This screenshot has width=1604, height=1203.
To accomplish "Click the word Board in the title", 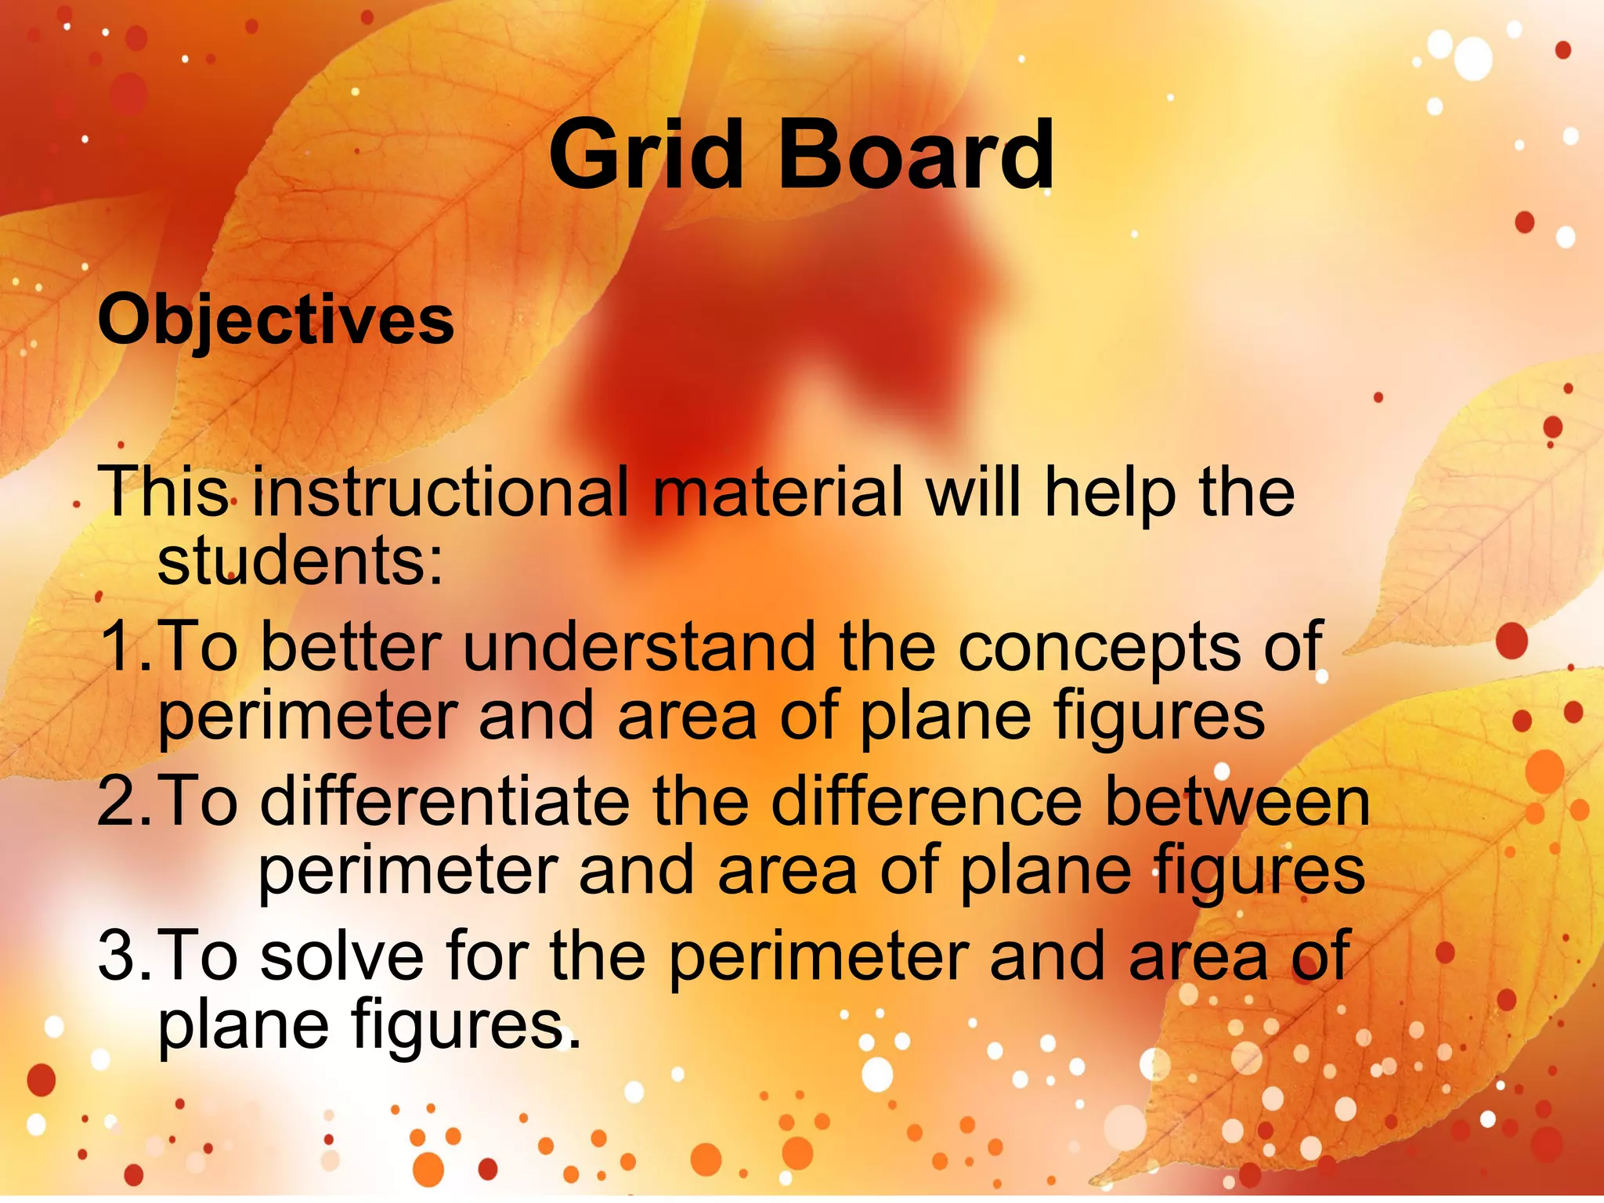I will pyautogui.click(x=916, y=155).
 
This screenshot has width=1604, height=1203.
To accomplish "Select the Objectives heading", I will pyautogui.click(x=276, y=320).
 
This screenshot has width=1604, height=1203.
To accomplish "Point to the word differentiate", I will pyautogui.click(x=445, y=801).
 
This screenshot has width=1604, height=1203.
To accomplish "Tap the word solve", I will pyautogui.click(x=342, y=956).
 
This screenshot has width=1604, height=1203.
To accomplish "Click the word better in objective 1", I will pyautogui.click(x=351, y=647).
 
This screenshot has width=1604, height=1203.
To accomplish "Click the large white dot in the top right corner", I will pyautogui.click(x=1473, y=59).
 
